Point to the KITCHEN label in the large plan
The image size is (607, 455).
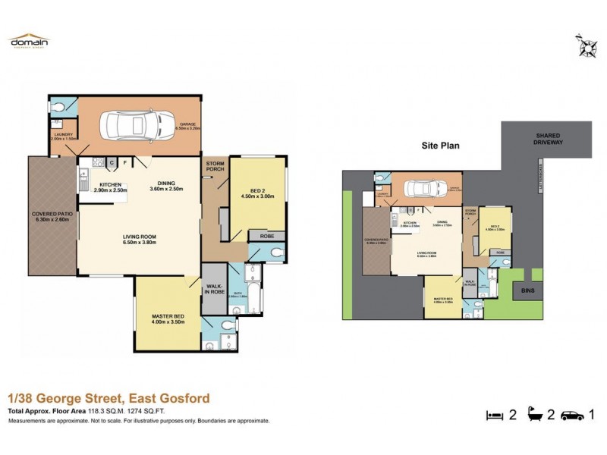(110, 184)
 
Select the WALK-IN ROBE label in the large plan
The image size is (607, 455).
(213, 290)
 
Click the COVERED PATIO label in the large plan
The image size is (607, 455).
(52, 215)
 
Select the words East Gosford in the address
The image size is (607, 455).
(168, 398)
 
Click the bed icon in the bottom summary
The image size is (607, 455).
(494, 415)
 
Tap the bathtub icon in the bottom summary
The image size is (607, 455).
(537, 415)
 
